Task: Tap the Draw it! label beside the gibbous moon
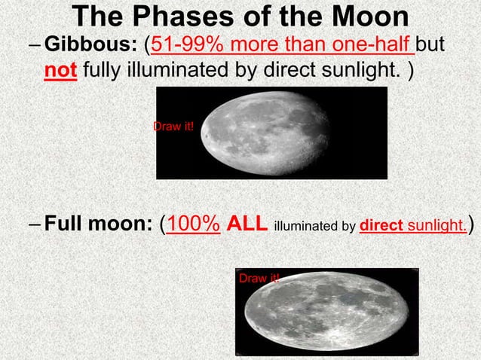173,126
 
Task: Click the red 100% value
193,224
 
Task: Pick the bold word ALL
247,224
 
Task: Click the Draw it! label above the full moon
259,279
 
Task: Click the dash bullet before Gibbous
35,49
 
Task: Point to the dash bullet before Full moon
35,224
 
